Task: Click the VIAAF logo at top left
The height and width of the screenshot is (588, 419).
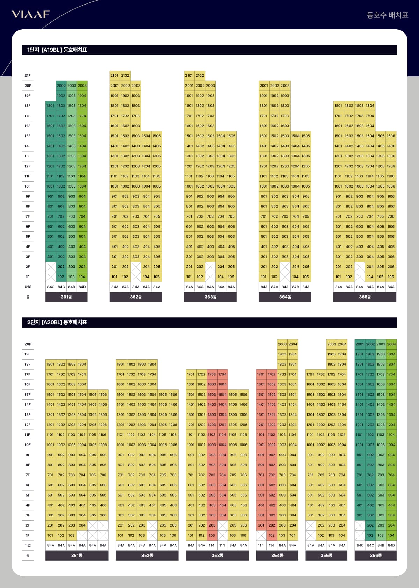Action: (31, 14)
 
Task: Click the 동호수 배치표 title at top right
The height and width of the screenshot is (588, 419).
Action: (387, 15)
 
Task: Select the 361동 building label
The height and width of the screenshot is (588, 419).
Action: (66, 297)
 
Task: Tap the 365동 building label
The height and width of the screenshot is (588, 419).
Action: (365, 297)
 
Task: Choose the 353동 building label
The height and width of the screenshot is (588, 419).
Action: (217, 555)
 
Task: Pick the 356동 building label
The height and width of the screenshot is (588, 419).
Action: (376, 555)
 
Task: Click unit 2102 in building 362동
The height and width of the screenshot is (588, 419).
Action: (125, 75)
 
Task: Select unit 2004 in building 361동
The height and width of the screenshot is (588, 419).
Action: (82, 86)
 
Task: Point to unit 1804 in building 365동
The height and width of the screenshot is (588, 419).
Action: (370, 106)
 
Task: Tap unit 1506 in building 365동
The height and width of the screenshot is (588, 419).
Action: (391, 136)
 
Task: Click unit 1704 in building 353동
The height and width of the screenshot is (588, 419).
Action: (222, 374)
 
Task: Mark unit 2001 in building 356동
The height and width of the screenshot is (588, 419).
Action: (360, 344)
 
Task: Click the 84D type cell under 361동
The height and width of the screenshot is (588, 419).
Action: (82, 287)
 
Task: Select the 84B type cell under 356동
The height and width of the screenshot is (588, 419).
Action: (381, 545)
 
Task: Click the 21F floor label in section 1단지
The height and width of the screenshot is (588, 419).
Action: (28, 75)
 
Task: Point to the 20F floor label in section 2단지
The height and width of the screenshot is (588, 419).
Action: (28, 344)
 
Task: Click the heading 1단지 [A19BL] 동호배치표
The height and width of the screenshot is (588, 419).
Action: (57, 50)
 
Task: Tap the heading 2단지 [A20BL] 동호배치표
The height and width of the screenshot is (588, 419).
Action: (57, 322)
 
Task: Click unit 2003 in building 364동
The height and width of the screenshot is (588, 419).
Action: (285, 86)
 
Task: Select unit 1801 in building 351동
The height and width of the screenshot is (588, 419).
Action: (51, 364)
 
